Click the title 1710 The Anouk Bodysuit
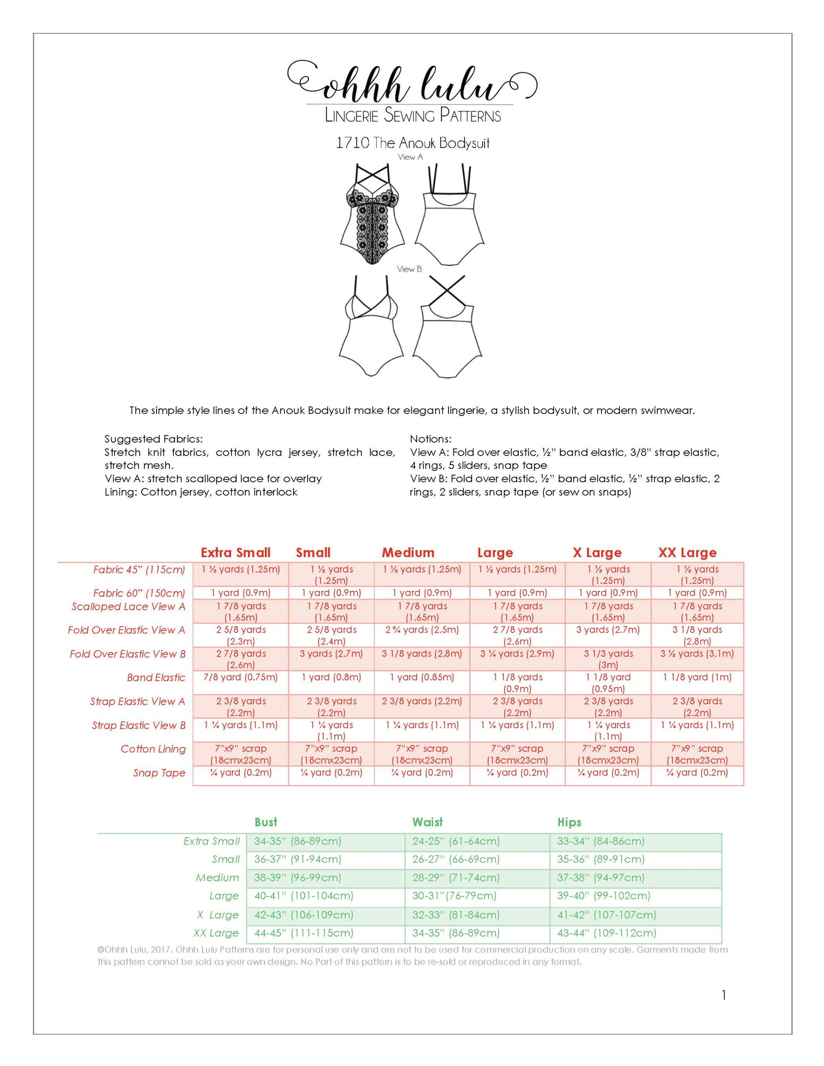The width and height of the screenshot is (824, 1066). click(x=413, y=143)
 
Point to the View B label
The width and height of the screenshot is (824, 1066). click(x=409, y=269)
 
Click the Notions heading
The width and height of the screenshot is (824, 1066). click(x=431, y=439)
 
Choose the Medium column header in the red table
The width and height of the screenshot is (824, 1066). click(x=408, y=553)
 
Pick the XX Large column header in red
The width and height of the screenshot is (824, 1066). click(x=687, y=553)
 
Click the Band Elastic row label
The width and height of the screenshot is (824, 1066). click(x=156, y=677)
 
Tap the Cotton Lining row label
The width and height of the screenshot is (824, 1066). click(x=153, y=749)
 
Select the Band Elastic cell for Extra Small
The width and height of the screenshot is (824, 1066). click(x=241, y=677)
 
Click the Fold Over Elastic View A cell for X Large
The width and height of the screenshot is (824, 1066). click(x=608, y=630)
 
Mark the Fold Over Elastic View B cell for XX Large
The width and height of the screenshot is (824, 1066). click(x=697, y=654)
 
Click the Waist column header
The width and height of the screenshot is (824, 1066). click(x=427, y=822)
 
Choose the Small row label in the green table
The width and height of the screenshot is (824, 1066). click(x=226, y=859)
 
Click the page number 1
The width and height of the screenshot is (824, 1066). click(x=723, y=995)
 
